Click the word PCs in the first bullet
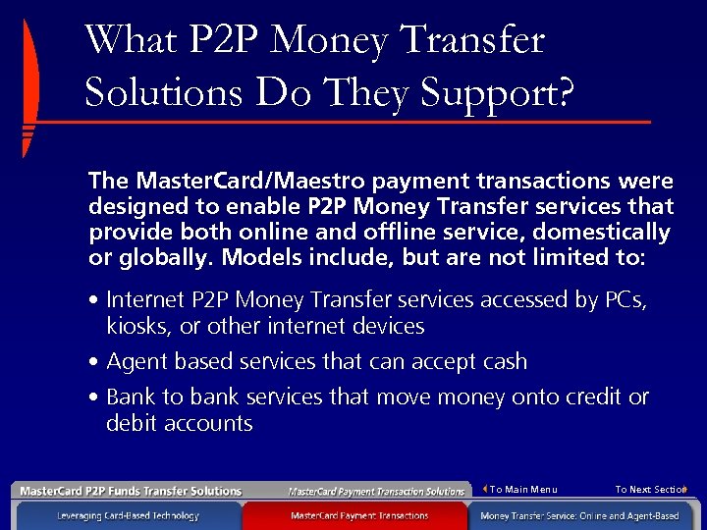tap(622, 300)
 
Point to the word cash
tap(504, 362)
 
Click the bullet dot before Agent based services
tap(93, 362)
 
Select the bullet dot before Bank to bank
tap(93, 397)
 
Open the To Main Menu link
tap(522, 490)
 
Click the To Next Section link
tap(650, 490)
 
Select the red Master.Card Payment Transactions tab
tap(359, 515)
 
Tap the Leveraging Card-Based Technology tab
tap(128, 515)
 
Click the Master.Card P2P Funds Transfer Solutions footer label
tap(131, 491)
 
